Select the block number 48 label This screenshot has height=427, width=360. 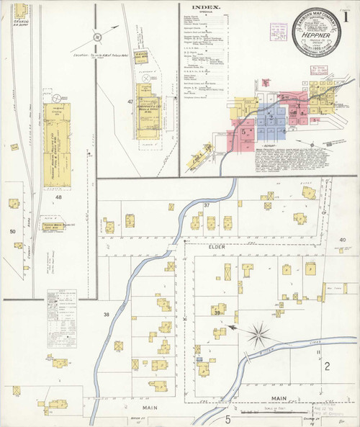(x=58, y=197)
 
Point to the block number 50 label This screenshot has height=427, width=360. (x=12, y=231)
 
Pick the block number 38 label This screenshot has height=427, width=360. (x=107, y=315)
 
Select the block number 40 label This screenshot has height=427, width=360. (x=343, y=240)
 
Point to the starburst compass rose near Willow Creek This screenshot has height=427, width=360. (x=258, y=333)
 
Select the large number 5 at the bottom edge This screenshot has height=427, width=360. (x=227, y=419)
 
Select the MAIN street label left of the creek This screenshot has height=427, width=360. (x=150, y=408)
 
